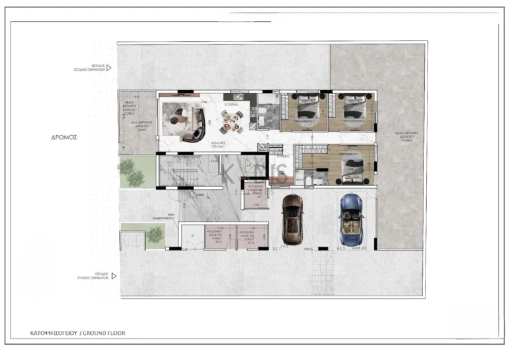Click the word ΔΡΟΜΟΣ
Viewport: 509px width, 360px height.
pos(64,139)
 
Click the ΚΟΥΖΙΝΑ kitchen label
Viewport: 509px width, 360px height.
pos(231,105)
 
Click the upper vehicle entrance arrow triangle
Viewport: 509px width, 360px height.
pos(109,68)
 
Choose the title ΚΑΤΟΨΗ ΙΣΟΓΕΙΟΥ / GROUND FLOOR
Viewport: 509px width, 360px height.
pos(78,333)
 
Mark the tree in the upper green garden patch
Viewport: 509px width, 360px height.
pos(132,173)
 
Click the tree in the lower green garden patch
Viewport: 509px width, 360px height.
pos(154,234)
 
